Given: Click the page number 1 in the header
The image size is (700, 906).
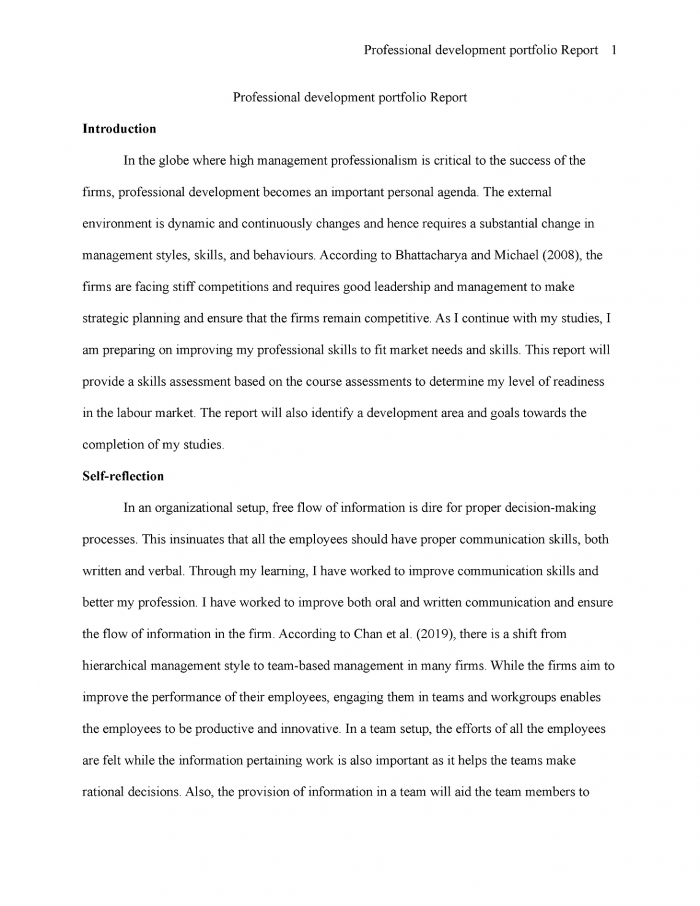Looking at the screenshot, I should coord(614,50).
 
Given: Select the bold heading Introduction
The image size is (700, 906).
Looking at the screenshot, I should coord(119,129).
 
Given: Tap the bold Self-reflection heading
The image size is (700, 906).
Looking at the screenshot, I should coord(123,476).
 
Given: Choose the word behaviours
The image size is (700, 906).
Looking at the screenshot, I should coord(281,255).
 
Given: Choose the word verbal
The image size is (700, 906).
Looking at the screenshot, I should coord(165,571).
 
